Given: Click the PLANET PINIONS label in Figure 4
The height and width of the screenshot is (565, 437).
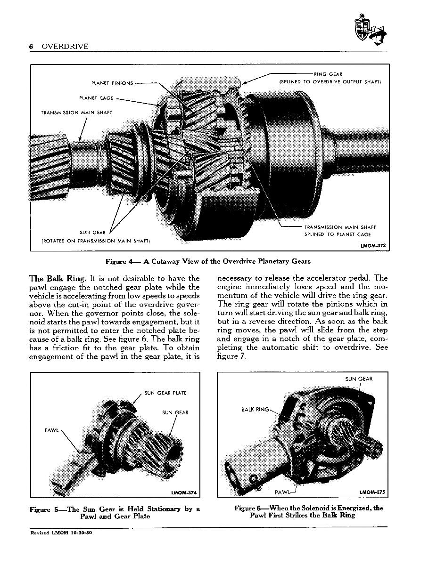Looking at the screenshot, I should (112, 83).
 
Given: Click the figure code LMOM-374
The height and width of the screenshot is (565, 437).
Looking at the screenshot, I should (184, 493).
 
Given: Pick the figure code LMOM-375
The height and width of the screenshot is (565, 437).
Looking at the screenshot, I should (372, 492).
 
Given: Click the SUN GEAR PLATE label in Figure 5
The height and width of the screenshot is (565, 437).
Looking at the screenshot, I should (165, 393).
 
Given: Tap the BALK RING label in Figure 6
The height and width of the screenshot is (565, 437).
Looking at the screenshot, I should (255, 409).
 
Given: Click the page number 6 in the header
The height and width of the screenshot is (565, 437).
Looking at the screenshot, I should (32, 46).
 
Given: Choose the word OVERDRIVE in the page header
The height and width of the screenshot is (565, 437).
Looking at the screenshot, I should (65, 46).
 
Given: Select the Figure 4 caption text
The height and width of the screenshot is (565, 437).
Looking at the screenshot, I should (208, 261).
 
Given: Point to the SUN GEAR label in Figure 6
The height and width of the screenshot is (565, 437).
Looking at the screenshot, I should (359, 379).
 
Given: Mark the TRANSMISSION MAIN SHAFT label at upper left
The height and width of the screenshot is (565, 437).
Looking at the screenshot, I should (77, 113).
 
